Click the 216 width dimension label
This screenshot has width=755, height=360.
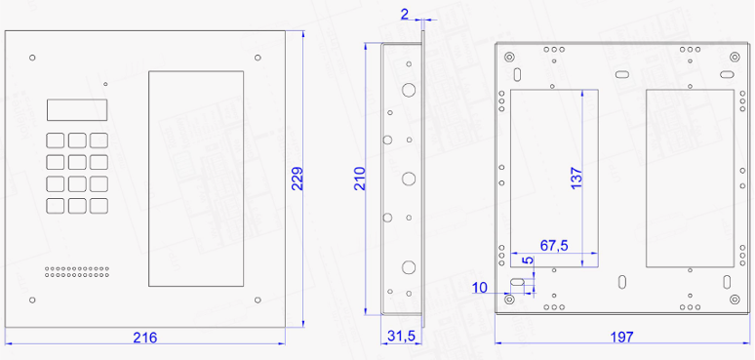coord(145,338)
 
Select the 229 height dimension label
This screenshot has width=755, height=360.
coord(298,179)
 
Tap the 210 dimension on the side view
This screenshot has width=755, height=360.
coord(360,179)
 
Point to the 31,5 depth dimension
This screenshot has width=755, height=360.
coord(400,337)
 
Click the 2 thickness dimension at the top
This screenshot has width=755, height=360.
coord(405,14)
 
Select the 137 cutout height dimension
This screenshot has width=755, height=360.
coord(576,178)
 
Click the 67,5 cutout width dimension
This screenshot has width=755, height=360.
coord(554,246)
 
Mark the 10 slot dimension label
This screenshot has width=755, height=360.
coord(480,288)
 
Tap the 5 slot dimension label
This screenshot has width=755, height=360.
coord(529,260)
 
